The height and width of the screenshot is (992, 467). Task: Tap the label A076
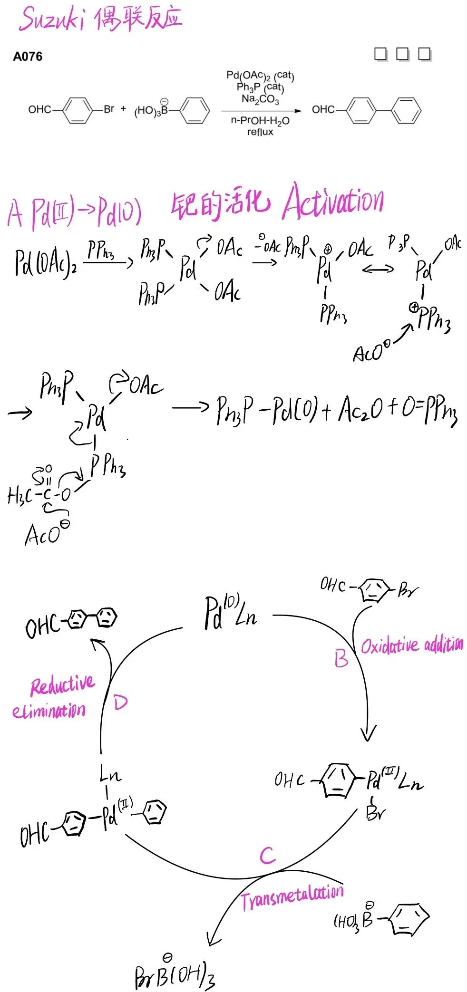pos(28,57)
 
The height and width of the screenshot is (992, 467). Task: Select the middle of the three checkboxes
pos(402,54)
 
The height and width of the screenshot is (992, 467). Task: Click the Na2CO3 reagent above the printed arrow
pos(260,99)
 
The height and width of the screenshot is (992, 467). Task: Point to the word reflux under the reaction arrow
pos(260,132)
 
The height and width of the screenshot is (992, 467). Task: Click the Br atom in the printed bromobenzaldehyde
pos(109,109)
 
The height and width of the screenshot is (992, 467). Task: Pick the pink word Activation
pos(333,202)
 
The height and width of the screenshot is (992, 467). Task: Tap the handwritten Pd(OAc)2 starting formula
pos(45,263)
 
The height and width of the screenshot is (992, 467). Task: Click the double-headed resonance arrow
pos(378,270)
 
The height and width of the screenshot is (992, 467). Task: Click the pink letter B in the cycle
pos(341,659)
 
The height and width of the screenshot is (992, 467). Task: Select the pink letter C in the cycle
pos(267,856)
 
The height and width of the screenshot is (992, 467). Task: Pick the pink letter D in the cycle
pos(121,702)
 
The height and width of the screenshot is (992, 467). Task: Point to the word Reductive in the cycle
pos(63,684)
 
